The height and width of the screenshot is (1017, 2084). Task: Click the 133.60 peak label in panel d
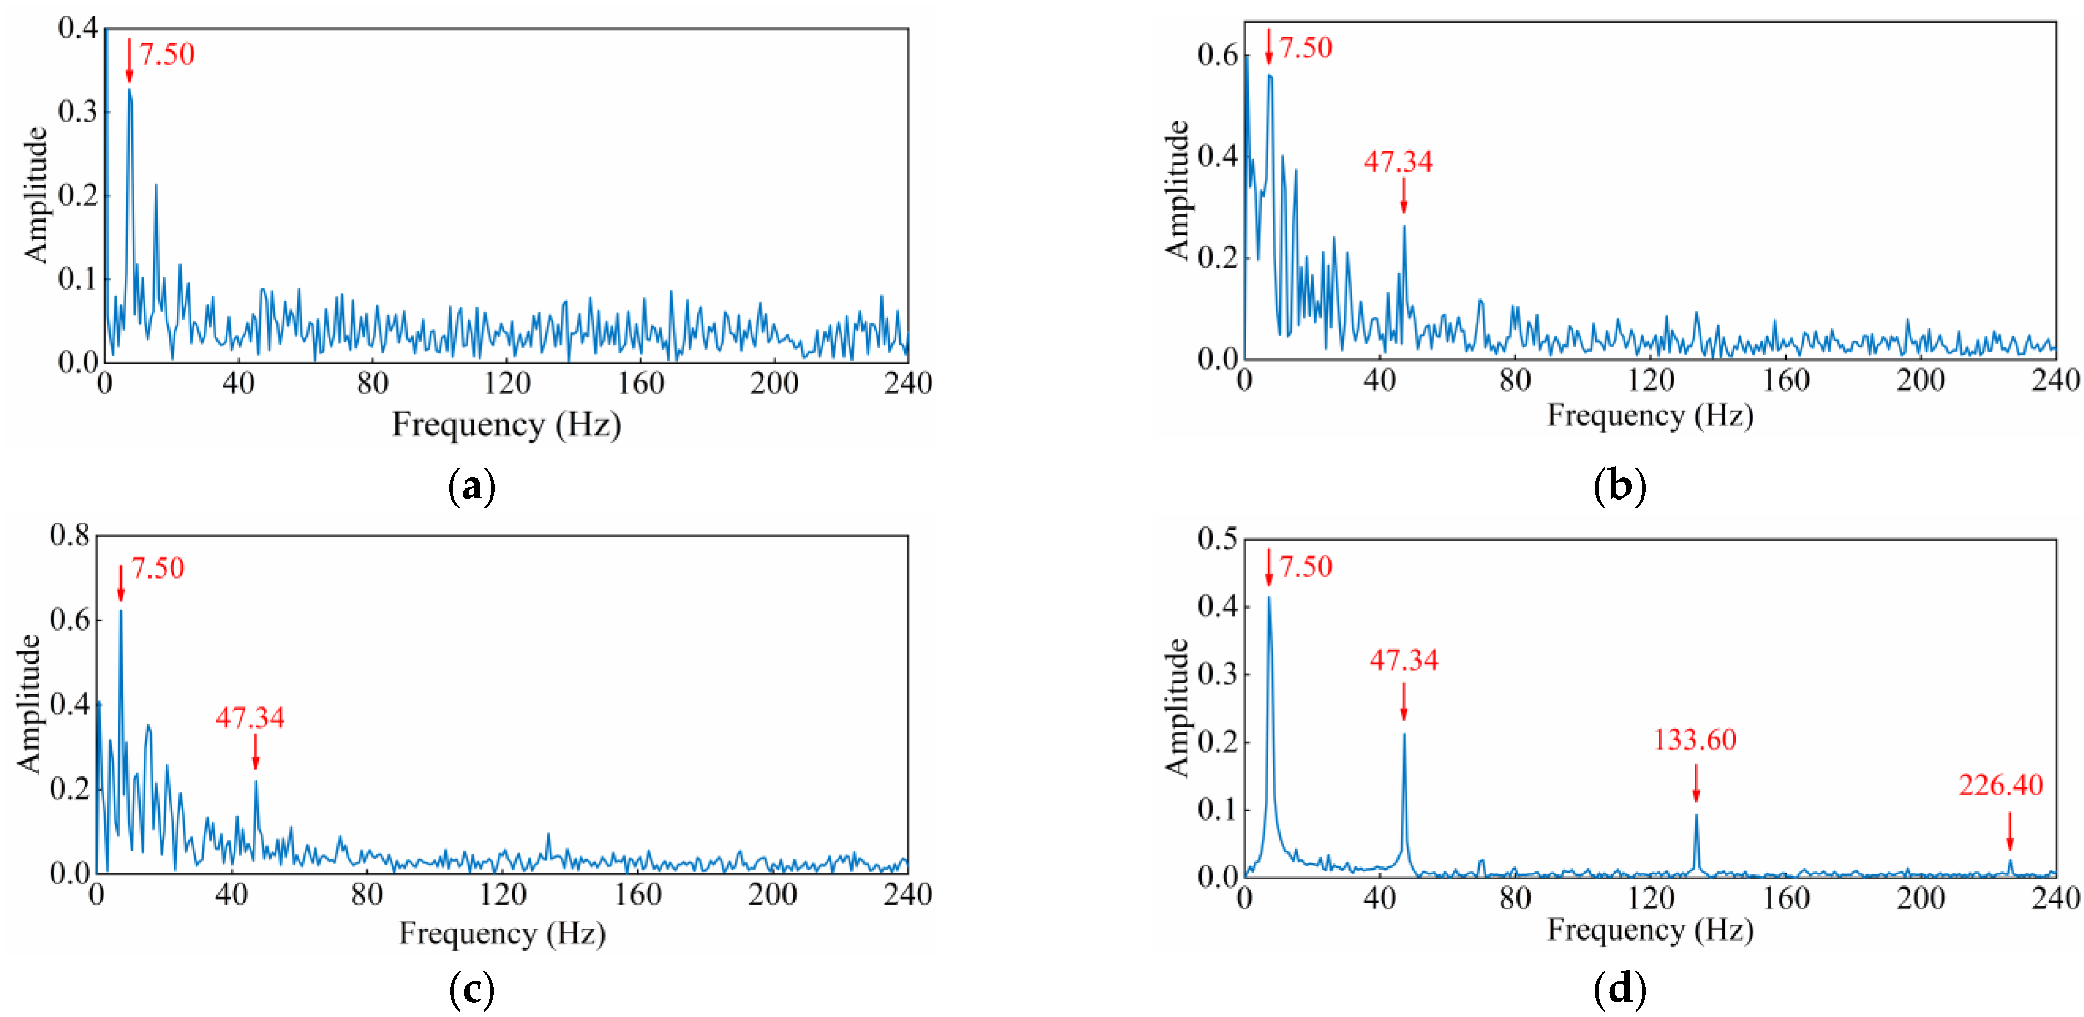pyautogui.click(x=1695, y=740)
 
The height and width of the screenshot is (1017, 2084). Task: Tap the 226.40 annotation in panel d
pyautogui.click(x=2001, y=785)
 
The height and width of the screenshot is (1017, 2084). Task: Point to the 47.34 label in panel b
pyautogui.click(x=1398, y=162)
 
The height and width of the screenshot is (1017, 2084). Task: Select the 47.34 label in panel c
pyautogui.click(x=250, y=717)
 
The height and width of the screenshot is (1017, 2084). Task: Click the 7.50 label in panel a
pyautogui.click(x=167, y=54)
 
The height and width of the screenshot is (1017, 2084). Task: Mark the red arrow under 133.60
pyautogui.click(x=1696, y=783)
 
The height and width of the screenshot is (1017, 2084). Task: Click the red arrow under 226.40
pyautogui.click(x=2010, y=832)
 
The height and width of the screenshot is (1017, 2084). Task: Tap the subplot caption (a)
pyautogui.click(x=472, y=486)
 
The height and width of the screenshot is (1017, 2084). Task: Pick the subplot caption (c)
pyautogui.click(x=472, y=989)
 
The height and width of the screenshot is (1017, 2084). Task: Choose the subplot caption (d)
pyautogui.click(x=1620, y=989)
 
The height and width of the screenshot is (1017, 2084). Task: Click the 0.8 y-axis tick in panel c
pyautogui.click(x=70, y=535)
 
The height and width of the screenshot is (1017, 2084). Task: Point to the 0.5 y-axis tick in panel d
pyautogui.click(x=1217, y=539)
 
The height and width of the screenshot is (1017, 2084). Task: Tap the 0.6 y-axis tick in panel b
pyautogui.click(x=1217, y=55)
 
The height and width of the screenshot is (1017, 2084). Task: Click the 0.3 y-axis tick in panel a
pyautogui.click(x=78, y=112)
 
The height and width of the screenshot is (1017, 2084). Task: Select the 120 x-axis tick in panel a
pyautogui.click(x=507, y=383)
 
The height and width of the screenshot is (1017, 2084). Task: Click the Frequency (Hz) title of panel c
pyautogui.click(x=502, y=934)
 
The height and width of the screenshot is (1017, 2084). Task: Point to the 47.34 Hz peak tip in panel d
pyautogui.click(x=1404, y=734)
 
